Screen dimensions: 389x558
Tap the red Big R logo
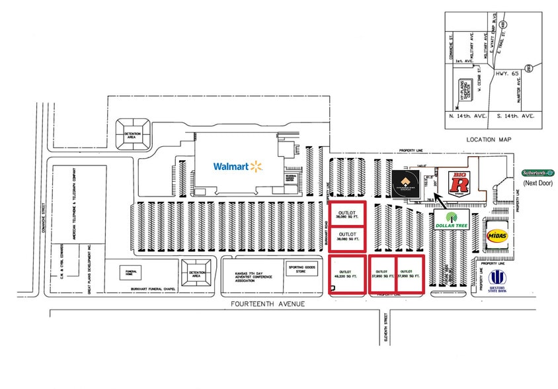[x=459, y=182]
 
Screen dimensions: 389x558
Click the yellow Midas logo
[x=497, y=235]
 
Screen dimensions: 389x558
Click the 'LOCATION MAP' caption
[x=490, y=140]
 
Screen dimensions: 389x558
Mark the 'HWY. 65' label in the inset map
[x=506, y=75]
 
